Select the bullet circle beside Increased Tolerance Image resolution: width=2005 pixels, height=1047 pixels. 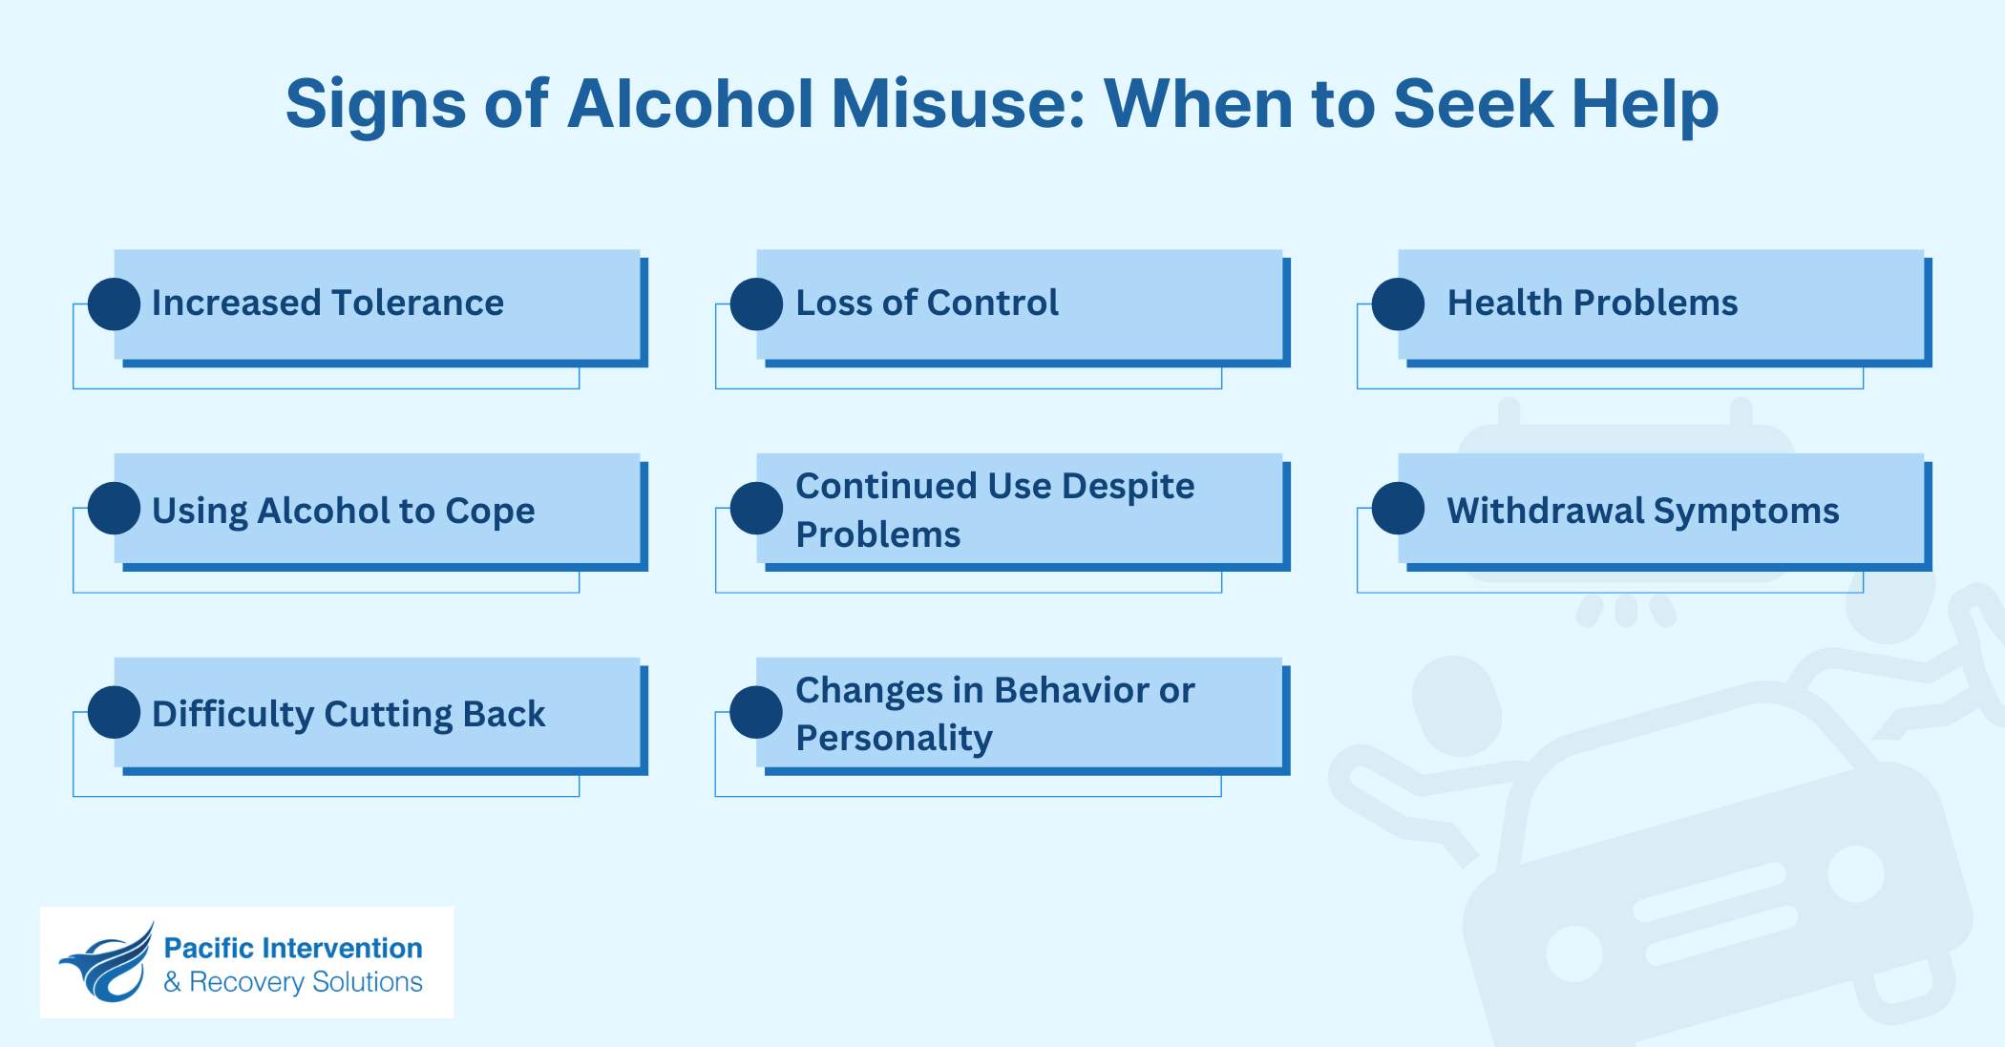coord(115,304)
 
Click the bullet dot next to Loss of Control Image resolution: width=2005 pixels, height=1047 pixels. coord(757,304)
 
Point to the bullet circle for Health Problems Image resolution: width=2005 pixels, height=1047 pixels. coord(1399,304)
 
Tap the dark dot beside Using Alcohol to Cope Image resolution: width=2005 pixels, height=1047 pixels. coord(115,508)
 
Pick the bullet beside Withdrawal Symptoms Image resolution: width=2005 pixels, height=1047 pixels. coord(1399,508)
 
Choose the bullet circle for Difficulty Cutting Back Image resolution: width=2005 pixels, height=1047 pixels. coord(115,712)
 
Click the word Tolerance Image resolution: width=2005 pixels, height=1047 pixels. coord(417,304)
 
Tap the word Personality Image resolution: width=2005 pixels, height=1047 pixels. coord(894,739)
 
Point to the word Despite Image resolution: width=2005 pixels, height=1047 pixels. coord(1128,486)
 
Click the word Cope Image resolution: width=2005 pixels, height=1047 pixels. coord(490,512)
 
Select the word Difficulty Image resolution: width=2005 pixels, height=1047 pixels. coord(232,714)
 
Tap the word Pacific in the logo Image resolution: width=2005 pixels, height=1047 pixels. coord(207,948)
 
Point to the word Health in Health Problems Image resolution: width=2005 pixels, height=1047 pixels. coord(1504,304)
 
